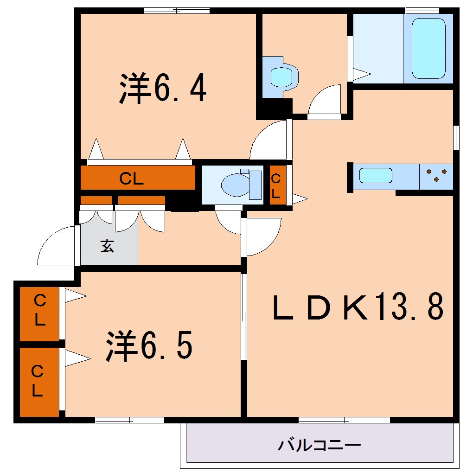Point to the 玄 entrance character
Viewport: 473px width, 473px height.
[x=107, y=246]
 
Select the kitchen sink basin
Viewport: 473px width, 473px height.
[x=376, y=176]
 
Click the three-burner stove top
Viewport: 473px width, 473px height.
[x=436, y=175]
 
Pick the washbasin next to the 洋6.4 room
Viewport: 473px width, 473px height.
[x=281, y=76]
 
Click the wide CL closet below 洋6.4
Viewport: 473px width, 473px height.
[x=137, y=179]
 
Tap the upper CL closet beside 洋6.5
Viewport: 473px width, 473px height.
[x=40, y=312]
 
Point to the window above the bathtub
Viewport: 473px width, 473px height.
[x=422, y=10]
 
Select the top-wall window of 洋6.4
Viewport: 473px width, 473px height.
[x=177, y=10]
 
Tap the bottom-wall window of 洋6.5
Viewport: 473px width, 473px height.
[x=130, y=420]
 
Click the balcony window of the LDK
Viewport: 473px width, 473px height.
[x=344, y=420]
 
